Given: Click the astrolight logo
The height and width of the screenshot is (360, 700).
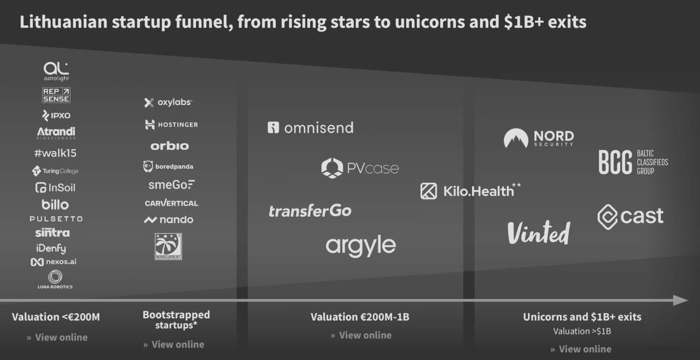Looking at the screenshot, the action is click(56, 71).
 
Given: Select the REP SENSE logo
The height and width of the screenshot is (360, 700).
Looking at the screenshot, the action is click(56, 95).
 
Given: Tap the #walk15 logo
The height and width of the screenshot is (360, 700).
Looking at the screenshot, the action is click(55, 153).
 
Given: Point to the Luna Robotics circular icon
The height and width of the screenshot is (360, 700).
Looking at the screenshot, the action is click(55, 276).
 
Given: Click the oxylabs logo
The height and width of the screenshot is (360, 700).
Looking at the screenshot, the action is click(168, 102).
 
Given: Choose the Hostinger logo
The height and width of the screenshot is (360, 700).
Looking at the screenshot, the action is click(171, 124).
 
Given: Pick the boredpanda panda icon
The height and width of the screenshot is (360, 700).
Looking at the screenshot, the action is click(148, 166).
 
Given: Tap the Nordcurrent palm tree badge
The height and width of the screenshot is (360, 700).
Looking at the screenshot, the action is click(168, 246).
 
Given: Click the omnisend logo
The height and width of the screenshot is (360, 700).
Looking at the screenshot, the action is click(310, 127).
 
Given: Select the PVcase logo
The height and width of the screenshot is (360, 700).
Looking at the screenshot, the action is click(360, 168).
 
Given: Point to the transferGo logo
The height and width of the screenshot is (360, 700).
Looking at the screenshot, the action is click(310, 211).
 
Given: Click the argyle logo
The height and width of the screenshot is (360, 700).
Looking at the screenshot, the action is click(360, 246).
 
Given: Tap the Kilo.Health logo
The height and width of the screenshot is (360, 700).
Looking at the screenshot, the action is click(471, 190).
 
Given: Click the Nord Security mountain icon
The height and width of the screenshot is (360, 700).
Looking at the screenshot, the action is click(516, 138).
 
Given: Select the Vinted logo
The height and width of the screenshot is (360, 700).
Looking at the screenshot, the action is click(539, 233).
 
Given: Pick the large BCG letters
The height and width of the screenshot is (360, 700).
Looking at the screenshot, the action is click(615, 162).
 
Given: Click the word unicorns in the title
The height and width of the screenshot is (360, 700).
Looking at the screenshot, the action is click(430, 22).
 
